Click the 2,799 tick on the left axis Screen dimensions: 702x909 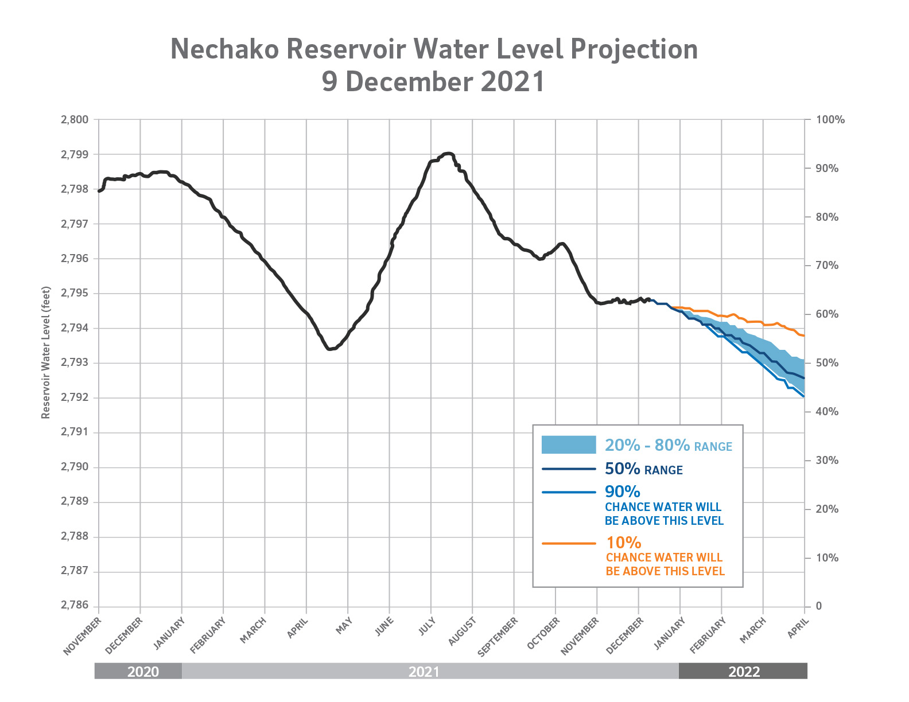(75, 155)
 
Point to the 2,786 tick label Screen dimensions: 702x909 (75, 606)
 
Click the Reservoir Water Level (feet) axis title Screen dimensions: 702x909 (46, 353)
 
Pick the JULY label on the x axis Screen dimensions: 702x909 (427, 627)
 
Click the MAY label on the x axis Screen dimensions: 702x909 (344, 626)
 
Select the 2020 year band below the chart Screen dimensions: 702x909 (143, 672)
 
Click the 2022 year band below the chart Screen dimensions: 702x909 (744, 672)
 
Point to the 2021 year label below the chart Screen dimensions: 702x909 (424, 672)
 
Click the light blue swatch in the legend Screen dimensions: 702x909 (569, 445)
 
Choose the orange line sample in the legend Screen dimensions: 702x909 (569, 543)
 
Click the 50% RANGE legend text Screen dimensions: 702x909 (643, 469)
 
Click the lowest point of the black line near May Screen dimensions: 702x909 (329, 349)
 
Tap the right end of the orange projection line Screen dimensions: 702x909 (804, 336)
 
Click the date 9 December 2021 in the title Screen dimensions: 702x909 (433, 81)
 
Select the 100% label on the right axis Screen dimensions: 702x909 (830, 120)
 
